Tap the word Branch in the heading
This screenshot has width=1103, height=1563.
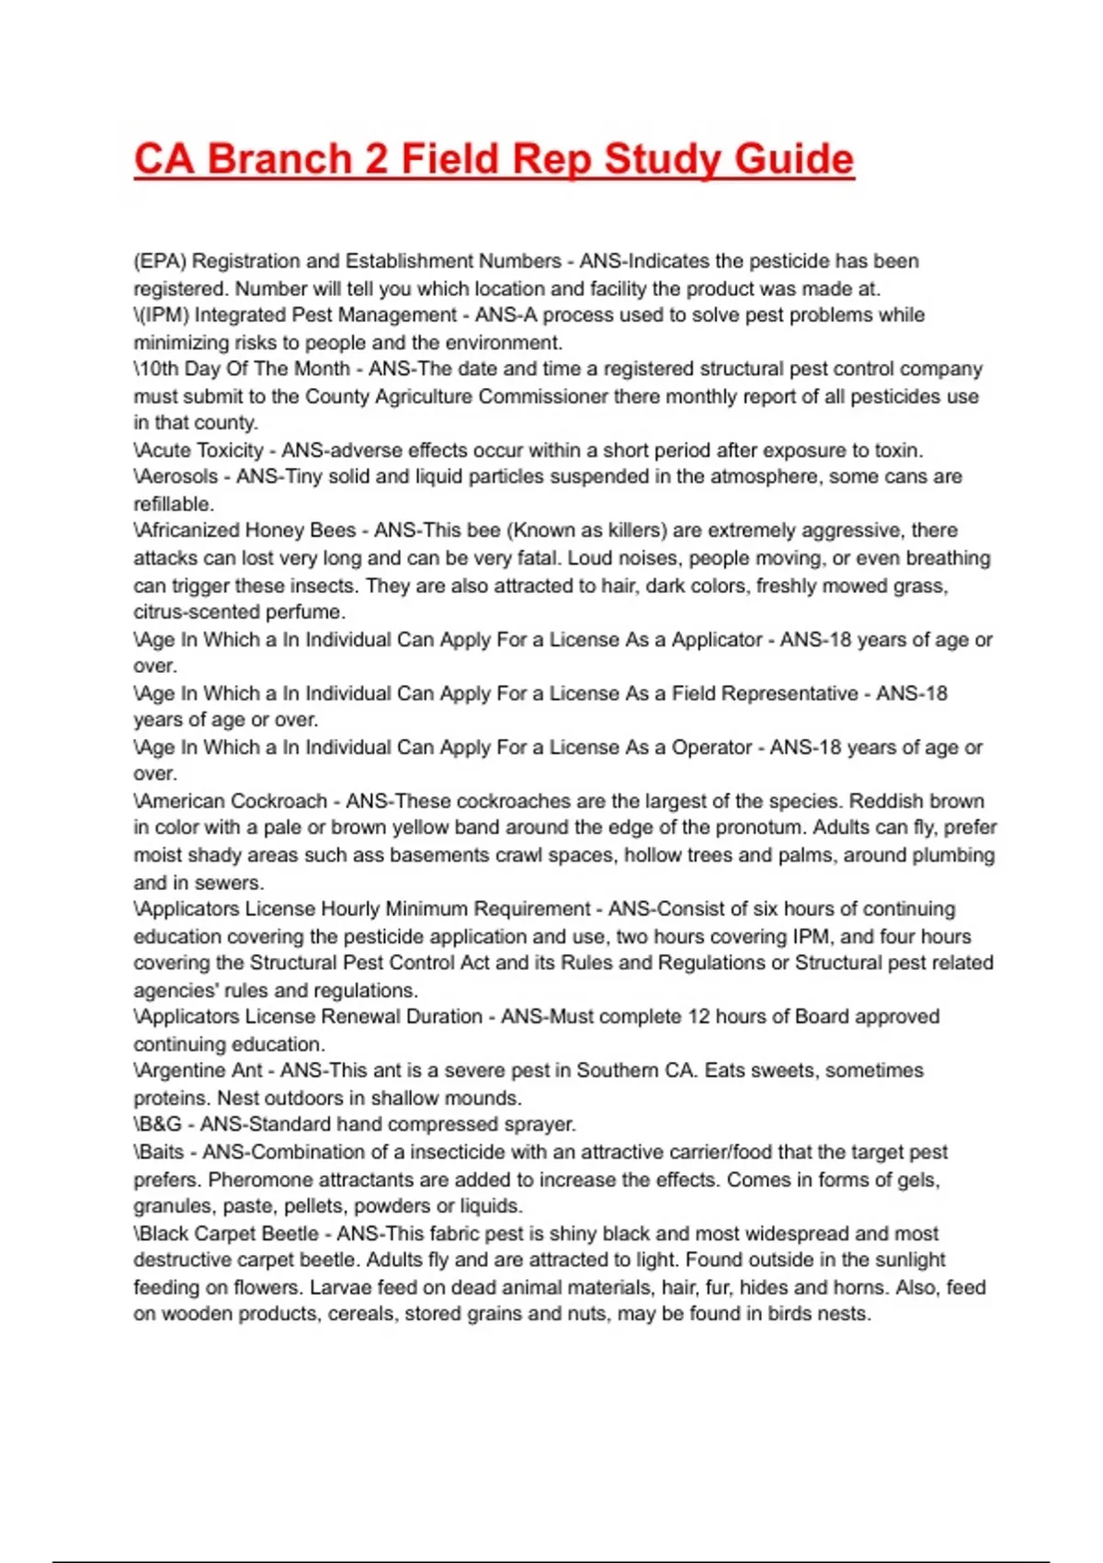[280, 159]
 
